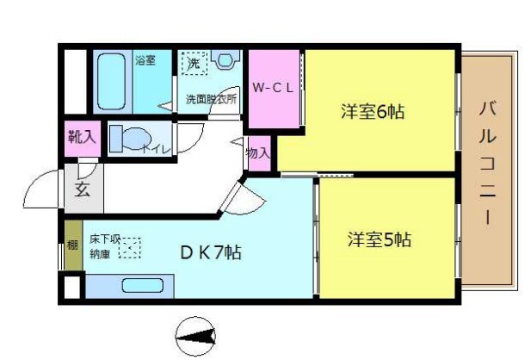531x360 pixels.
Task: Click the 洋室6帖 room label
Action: tap(372, 111)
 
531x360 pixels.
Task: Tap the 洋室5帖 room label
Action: tap(379, 238)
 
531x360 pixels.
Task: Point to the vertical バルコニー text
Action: tap(486, 164)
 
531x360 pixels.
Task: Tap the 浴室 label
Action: tap(145, 60)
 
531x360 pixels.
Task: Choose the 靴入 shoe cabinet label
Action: tap(82, 137)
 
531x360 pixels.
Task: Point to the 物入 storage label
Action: tap(258, 153)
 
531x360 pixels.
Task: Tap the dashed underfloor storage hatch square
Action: tap(128, 249)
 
